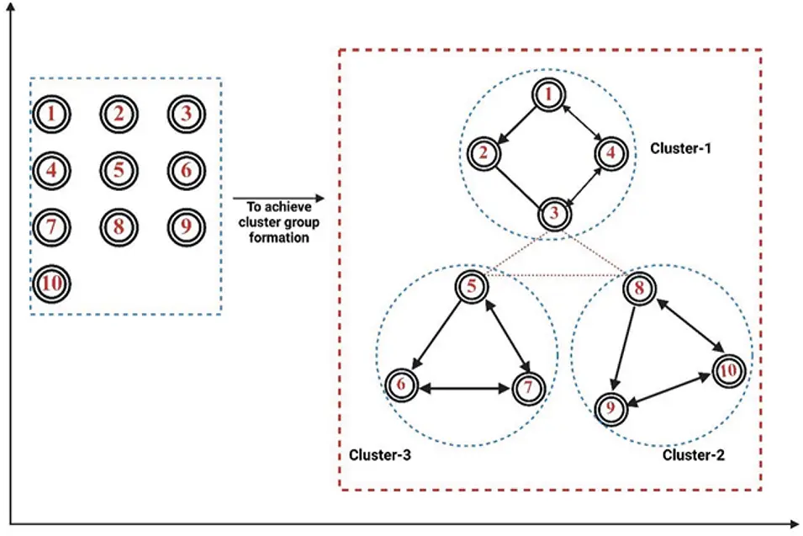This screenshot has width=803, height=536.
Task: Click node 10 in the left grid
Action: click(52, 284)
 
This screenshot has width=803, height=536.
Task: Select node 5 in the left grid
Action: click(119, 170)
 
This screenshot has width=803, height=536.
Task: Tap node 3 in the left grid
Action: click(186, 114)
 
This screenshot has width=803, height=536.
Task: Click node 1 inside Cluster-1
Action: click(549, 95)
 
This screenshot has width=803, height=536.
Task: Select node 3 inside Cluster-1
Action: click(554, 214)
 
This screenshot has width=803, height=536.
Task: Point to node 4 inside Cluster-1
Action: click(610, 154)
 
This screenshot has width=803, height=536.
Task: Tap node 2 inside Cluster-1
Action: click(483, 153)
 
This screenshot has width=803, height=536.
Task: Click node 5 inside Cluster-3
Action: click(472, 287)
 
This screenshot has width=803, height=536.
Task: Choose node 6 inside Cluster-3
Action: click(402, 386)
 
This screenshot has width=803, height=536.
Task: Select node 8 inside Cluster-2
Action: click(640, 289)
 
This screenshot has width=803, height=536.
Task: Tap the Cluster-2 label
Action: click(693, 455)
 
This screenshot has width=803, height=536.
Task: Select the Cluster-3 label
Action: click(379, 455)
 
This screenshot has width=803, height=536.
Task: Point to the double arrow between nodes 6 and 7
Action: click(464, 388)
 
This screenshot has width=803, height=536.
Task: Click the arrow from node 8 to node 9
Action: click(626, 347)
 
